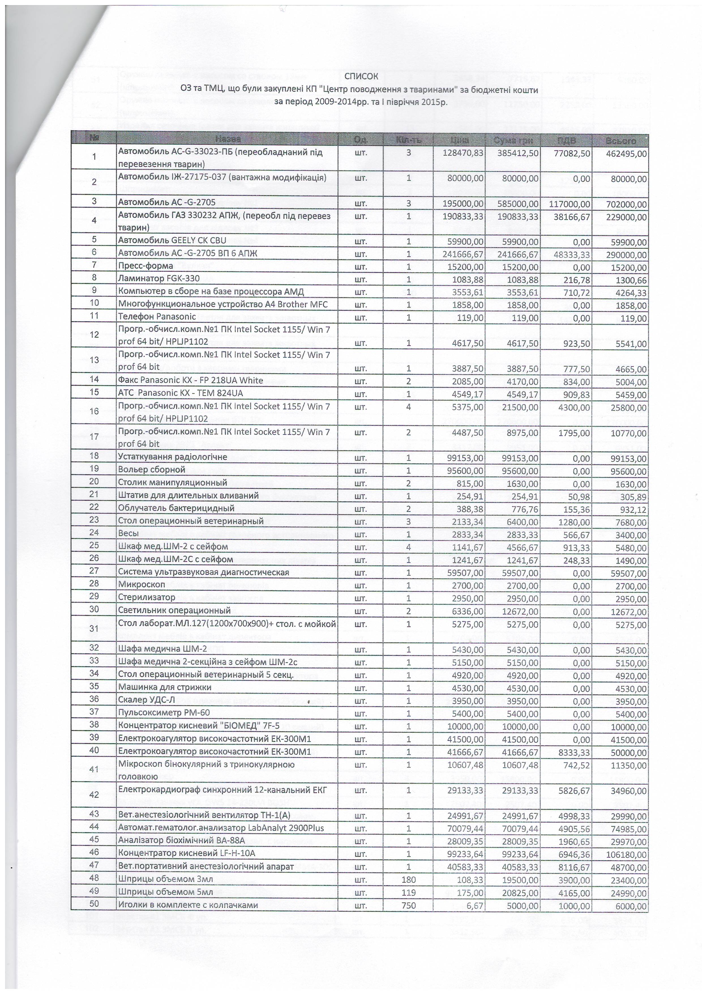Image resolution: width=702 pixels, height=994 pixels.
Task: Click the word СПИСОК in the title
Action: [x=361, y=77]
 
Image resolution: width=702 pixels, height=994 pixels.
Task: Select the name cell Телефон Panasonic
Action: [x=157, y=317]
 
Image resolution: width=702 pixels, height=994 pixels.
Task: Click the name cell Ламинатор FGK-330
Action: [x=153, y=278]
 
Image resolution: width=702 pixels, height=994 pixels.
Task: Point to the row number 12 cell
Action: [x=94, y=334]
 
